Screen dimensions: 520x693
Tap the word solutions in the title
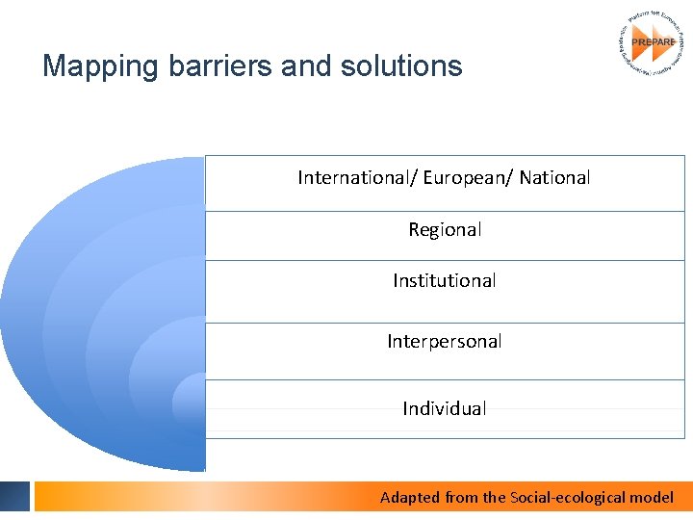403,66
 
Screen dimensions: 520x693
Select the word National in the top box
555,177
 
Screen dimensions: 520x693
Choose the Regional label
445,229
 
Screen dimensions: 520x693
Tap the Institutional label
445,280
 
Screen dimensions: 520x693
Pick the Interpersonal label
445,341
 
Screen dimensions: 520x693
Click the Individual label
445,408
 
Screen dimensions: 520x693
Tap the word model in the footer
652,497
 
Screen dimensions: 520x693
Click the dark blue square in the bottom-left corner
14,496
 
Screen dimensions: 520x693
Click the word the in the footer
494,497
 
